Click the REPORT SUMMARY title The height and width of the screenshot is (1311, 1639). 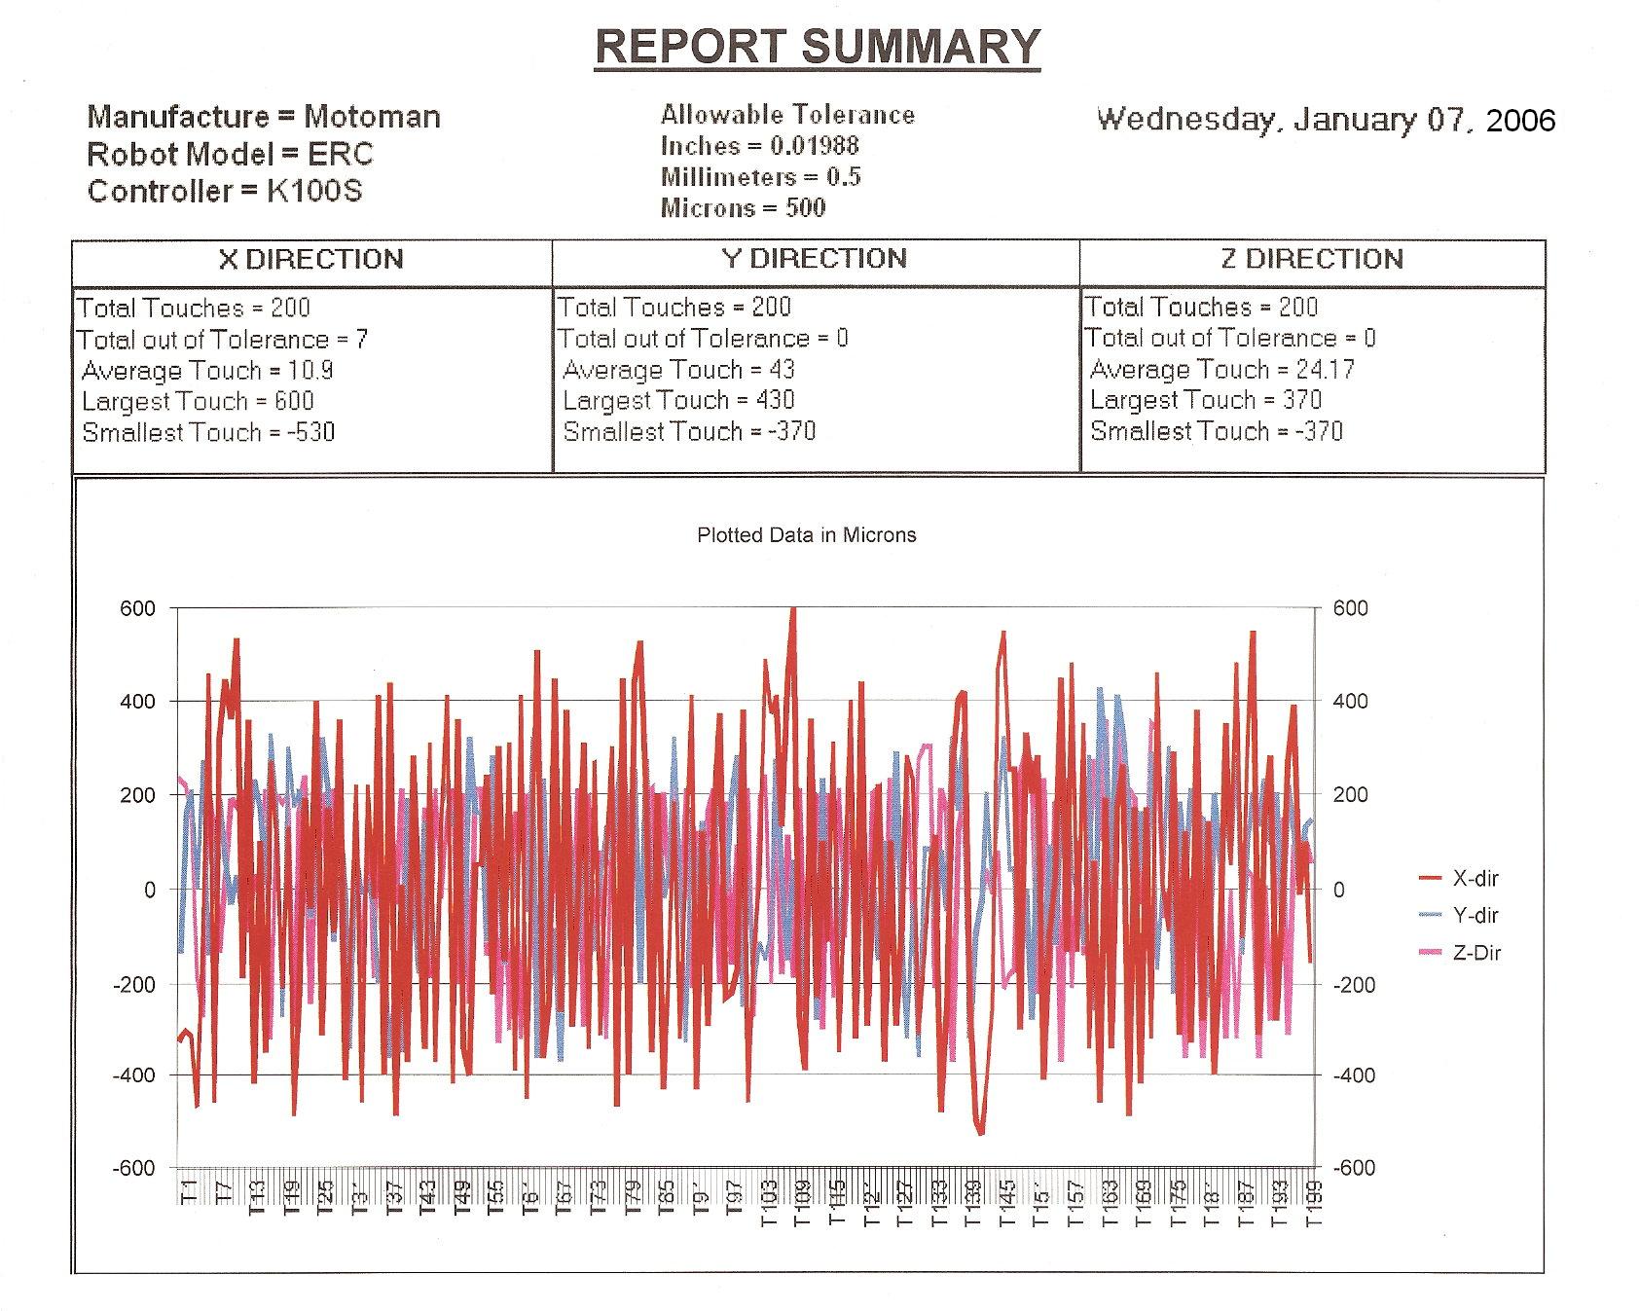click(x=818, y=47)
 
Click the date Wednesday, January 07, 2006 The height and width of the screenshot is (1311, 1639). click(x=1326, y=120)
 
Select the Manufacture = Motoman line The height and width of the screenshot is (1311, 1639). click(x=264, y=118)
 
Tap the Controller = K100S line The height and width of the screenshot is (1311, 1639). click(x=225, y=191)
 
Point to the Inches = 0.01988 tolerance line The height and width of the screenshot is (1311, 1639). click(x=759, y=146)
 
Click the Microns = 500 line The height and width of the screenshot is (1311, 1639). click(x=743, y=207)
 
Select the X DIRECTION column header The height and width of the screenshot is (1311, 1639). click(x=310, y=260)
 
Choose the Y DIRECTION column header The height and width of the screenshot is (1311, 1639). click(x=815, y=259)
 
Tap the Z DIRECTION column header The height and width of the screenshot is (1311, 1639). click(x=1312, y=259)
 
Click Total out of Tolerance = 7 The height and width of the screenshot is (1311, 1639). click(x=223, y=340)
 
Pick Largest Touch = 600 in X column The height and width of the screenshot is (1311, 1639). click(x=198, y=401)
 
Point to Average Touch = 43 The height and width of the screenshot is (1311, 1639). click(x=678, y=370)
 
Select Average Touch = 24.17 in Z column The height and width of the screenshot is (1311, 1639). click(x=1221, y=370)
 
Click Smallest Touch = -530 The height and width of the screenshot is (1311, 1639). click(x=208, y=432)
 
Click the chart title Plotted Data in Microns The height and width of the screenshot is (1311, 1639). click(x=807, y=535)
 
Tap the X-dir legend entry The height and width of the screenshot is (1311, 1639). click(x=1475, y=879)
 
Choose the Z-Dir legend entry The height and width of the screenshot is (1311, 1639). click(x=1475, y=953)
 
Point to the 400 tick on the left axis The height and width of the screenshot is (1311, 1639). click(x=137, y=702)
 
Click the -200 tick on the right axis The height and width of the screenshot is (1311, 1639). click(x=1350, y=984)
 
